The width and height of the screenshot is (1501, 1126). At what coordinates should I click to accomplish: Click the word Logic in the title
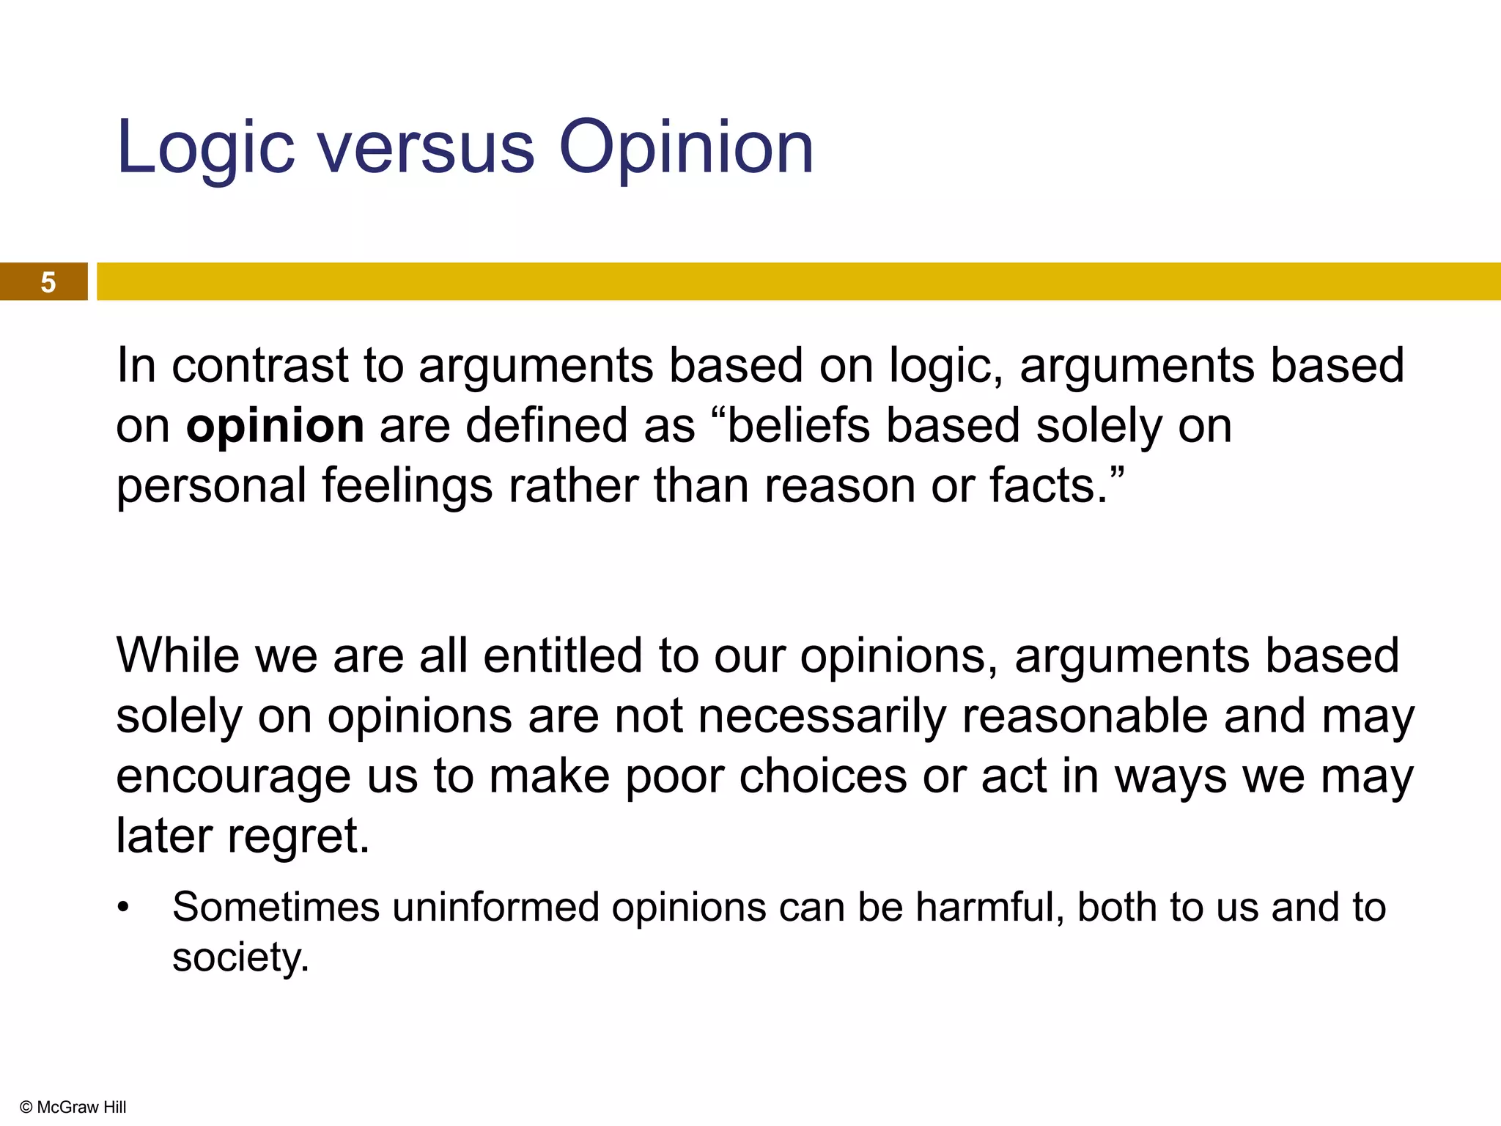click(x=205, y=149)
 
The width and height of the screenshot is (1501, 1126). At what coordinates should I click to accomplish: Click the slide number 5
click(x=48, y=282)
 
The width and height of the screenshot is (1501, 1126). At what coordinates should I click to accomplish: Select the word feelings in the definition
click(x=407, y=487)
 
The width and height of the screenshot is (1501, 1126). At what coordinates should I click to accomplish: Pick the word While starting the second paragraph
click(x=177, y=655)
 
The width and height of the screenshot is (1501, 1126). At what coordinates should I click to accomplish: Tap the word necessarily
click(x=822, y=716)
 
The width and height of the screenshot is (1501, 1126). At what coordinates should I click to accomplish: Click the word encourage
click(x=233, y=777)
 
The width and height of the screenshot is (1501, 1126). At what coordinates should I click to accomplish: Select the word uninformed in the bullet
click(x=495, y=908)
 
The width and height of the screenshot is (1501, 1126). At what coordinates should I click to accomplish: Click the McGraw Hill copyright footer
click(x=73, y=1107)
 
